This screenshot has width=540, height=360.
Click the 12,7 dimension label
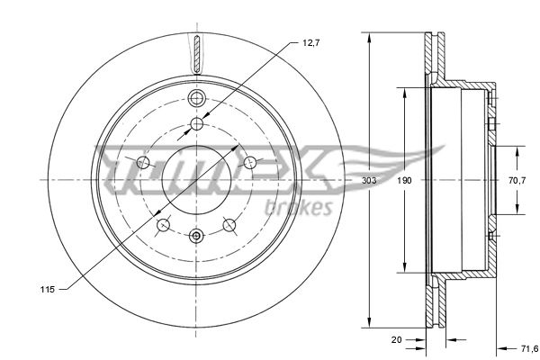point(311,43)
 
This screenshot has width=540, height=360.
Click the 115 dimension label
point(47,290)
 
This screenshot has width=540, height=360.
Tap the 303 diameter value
point(369,180)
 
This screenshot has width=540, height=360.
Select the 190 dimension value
point(404,180)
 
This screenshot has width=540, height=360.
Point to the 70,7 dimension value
point(517,180)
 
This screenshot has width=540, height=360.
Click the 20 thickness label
point(396,339)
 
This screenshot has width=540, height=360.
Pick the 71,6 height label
point(529,349)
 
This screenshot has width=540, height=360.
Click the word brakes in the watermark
point(299,208)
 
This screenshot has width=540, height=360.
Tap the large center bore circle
point(196,146)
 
